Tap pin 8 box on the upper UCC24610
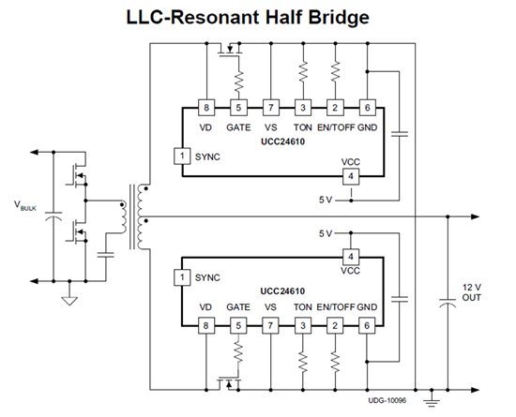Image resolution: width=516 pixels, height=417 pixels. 206,108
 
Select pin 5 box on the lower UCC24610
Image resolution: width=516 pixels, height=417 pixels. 238,326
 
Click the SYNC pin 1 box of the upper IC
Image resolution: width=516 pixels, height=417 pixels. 182,156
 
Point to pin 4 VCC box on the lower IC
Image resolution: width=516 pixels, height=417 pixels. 351,257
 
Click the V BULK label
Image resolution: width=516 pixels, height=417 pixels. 25,205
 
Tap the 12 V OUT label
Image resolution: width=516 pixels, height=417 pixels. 472,292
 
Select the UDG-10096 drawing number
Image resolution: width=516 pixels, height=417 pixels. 387,400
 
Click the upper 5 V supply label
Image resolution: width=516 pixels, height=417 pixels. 326,200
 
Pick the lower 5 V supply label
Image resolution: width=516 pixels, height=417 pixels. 326,233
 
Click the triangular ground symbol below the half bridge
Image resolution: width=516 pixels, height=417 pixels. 69,301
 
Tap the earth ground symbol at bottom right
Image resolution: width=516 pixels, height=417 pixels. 432,402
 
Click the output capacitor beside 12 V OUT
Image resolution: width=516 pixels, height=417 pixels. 448,303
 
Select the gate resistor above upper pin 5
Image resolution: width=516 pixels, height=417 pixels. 238,81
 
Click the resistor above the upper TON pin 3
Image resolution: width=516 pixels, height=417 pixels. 303,70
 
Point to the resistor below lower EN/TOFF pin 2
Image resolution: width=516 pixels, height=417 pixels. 335,363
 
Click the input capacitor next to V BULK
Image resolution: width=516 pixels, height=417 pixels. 53,216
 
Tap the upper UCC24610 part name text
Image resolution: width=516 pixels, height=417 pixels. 282,141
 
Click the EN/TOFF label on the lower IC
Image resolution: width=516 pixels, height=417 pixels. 336,307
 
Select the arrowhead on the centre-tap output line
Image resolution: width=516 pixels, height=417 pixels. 476,216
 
